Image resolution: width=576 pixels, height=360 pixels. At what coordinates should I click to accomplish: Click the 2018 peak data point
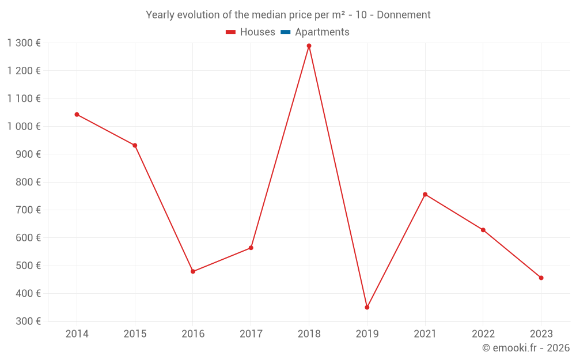click(309, 46)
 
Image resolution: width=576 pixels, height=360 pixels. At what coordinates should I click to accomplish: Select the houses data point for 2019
click(367, 307)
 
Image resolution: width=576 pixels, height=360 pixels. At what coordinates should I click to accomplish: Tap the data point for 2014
click(77, 114)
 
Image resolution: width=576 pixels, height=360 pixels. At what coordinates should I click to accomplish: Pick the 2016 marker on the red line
click(193, 271)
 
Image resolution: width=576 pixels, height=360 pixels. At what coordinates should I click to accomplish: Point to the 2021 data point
click(425, 194)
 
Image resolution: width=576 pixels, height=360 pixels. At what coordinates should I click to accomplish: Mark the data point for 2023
click(541, 278)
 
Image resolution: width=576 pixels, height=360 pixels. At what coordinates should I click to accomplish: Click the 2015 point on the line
click(135, 145)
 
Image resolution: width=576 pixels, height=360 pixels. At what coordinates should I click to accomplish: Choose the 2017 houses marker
click(251, 248)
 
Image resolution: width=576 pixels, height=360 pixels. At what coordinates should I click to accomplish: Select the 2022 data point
click(483, 230)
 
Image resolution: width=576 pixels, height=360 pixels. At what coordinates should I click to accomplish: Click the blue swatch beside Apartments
click(285, 32)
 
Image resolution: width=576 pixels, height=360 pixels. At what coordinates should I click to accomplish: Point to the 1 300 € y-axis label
click(24, 43)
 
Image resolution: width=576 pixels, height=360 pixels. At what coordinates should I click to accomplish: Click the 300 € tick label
click(28, 321)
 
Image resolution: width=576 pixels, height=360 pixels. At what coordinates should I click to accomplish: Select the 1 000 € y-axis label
click(24, 126)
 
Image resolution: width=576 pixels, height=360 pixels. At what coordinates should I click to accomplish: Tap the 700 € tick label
click(28, 210)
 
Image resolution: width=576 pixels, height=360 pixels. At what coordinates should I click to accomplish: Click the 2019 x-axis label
click(367, 334)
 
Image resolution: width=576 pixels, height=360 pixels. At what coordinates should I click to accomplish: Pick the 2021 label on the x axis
click(425, 334)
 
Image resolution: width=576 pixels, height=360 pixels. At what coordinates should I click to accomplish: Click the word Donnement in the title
click(403, 15)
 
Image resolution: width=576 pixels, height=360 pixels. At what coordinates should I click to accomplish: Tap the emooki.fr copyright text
click(526, 348)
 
